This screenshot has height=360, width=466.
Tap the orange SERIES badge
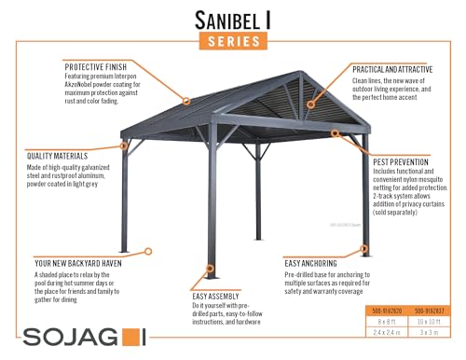(x=233, y=41)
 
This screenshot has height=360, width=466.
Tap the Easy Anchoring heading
(x=315, y=264)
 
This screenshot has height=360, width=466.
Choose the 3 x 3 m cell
(x=432, y=331)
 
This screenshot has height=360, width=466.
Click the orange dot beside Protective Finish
(x=186, y=100)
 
